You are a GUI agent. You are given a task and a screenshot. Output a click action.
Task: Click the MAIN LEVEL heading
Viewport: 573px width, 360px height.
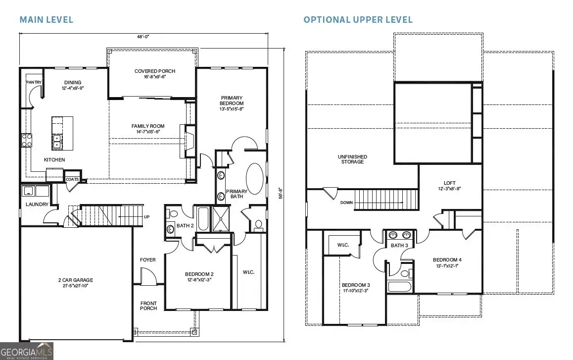click(46, 20)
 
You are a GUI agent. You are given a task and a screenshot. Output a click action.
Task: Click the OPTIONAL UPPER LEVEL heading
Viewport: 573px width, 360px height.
click(358, 20)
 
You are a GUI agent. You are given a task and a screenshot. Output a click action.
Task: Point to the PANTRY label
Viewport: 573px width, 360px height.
click(34, 82)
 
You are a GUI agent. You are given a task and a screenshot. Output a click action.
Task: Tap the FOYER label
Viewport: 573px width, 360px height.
click(147, 260)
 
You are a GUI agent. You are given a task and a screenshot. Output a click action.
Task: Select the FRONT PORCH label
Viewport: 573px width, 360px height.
click(148, 306)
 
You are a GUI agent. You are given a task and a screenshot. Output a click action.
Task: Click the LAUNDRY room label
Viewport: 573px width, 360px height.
click(37, 204)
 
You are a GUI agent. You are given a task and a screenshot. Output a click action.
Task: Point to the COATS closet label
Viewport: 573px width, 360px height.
click(73, 179)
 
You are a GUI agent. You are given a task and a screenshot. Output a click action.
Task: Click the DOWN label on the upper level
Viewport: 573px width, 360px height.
click(347, 203)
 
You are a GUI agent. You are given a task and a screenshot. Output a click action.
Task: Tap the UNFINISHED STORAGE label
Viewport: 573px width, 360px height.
click(352, 159)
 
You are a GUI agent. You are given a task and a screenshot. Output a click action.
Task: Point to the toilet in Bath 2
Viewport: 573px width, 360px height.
click(173, 214)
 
